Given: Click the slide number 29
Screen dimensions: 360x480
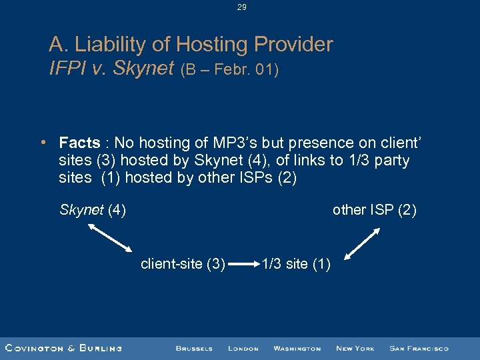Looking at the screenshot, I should point(241,7).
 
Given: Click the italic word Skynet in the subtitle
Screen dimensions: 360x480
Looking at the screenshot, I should point(143,68).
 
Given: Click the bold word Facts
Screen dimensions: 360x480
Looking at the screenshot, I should point(79,143).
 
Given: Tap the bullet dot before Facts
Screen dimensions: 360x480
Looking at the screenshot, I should point(42,143).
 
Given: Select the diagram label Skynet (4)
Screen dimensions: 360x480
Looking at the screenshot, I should point(93,211).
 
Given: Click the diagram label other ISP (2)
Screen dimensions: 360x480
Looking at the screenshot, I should point(374,211).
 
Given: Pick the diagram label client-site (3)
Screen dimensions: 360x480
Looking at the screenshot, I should point(183,264).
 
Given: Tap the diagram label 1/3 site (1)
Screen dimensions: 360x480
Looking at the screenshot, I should point(296,264).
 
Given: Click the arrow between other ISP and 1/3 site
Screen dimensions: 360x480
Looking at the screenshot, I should point(363,243).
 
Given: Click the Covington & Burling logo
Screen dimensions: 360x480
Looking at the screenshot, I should point(63,348).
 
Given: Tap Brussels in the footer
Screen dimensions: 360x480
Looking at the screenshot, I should point(194,348).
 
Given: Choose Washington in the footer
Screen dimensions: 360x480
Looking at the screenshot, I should point(297,348).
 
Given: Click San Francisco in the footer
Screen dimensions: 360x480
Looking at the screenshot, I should point(419,348).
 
